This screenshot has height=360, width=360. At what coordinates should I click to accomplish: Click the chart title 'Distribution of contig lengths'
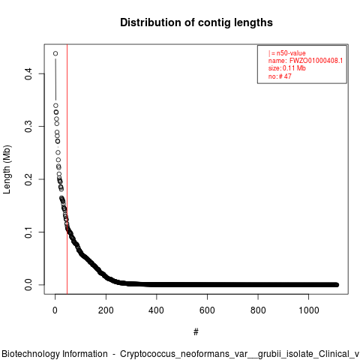(x=196, y=22)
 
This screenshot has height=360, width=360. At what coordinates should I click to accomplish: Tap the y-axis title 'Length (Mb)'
(x=7, y=169)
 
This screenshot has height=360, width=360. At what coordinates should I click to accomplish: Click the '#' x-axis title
(x=196, y=331)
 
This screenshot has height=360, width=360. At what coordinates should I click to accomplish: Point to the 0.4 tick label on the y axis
(x=28, y=73)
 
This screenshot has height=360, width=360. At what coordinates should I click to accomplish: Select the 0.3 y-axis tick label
(x=28, y=127)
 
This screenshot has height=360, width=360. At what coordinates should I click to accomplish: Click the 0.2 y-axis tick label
(x=28, y=179)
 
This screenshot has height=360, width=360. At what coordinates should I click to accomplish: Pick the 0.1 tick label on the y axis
(x=28, y=232)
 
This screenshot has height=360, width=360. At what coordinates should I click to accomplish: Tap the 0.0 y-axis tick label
(x=28, y=285)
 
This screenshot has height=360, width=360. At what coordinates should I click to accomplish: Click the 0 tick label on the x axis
(x=55, y=310)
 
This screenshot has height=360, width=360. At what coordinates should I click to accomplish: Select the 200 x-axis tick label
(x=106, y=310)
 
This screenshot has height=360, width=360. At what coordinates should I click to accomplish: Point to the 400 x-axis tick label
(x=157, y=310)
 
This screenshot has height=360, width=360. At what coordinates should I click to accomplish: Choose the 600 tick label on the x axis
(x=207, y=310)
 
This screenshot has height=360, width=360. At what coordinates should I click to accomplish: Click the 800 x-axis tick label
(x=258, y=310)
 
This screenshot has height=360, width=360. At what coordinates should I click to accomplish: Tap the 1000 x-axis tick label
(x=309, y=310)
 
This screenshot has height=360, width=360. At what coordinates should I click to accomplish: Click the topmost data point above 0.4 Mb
(x=55, y=53)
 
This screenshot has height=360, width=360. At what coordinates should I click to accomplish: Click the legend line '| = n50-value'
(x=286, y=53)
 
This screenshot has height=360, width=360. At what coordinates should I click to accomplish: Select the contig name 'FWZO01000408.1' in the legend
(x=316, y=61)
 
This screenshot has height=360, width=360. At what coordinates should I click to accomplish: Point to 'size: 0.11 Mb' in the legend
(x=287, y=68)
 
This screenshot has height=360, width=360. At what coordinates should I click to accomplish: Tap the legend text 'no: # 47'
(x=280, y=76)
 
